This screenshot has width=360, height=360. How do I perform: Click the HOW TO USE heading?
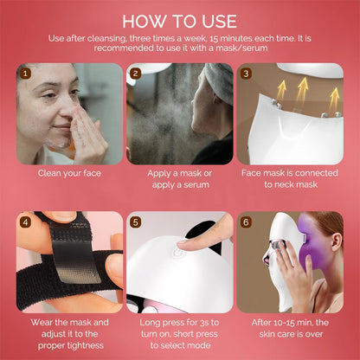[179, 19]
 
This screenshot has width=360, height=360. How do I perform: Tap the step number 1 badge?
[24, 74]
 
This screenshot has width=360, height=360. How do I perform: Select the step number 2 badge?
[135, 74]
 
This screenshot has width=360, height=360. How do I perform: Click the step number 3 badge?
[246, 74]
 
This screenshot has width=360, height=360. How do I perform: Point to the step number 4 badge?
[24, 222]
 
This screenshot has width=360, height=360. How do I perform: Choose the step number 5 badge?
[135, 222]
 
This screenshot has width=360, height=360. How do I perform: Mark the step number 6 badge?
[246, 222]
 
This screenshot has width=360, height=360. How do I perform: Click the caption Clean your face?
[68, 172]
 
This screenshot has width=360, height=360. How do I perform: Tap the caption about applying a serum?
[179, 178]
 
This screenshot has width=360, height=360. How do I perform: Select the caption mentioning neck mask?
[290, 178]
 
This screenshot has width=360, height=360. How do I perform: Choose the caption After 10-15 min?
[290, 327]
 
